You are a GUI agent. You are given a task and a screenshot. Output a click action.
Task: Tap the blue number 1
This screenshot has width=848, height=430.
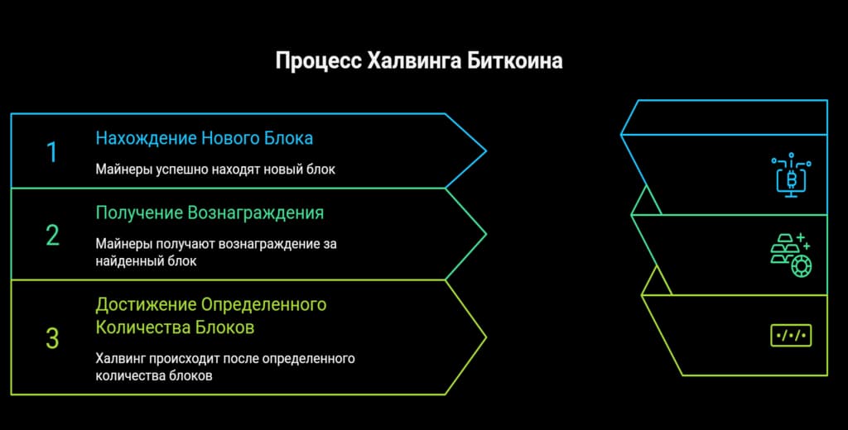coord(52,153)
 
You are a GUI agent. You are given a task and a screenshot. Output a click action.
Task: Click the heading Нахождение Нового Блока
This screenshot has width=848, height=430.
coord(204,137)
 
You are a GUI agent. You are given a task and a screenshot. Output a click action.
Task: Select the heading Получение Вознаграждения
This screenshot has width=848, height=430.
coord(210,213)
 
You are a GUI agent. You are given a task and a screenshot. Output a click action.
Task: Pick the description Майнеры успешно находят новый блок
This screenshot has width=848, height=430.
coord(214,170)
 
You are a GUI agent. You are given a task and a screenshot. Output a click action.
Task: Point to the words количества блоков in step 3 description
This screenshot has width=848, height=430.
coord(154,375)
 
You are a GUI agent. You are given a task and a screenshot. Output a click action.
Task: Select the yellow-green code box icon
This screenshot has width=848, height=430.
coord(790,335)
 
